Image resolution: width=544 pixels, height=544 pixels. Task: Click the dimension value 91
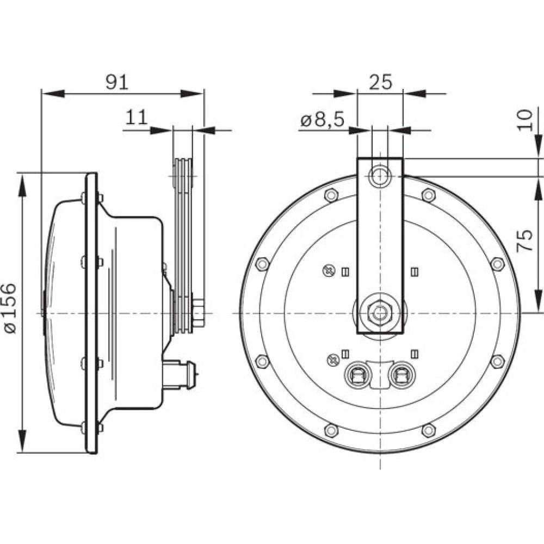(x=117, y=82)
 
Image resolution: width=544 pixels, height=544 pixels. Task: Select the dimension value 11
(x=137, y=118)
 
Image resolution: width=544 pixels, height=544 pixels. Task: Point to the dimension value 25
(x=381, y=82)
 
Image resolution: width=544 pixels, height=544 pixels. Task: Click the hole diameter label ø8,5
(x=322, y=120)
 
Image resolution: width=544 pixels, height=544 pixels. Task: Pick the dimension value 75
(x=524, y=240)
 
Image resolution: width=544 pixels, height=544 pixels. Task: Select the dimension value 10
(x=524, y=120)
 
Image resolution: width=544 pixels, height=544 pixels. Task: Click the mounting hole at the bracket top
(x=380, y=176)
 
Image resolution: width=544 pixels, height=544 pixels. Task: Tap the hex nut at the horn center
(x=380, y=313)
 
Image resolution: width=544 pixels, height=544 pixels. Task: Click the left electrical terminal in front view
(x=357, y=375)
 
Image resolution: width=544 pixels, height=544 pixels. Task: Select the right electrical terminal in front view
(x=402, y=375)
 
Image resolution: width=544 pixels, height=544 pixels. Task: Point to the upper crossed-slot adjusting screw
(x=329, y=270)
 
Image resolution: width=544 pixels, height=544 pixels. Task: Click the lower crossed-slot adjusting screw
(x=333, y=360)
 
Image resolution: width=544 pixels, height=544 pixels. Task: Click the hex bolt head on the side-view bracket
(x=198, y=313)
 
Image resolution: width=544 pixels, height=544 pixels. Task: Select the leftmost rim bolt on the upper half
(x=262, y=264)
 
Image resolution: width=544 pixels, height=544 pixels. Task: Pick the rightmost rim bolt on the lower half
(x=498, y=362)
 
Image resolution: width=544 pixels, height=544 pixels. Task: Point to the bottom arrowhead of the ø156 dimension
(x=22, y=441)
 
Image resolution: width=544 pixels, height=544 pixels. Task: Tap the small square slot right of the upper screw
(x=345, y=272)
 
